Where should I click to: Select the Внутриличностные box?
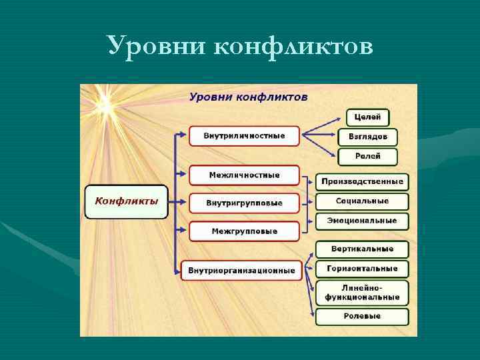244,136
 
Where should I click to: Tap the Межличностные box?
244,175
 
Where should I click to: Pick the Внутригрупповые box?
244,203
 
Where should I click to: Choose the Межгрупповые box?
244,231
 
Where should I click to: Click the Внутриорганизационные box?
241,271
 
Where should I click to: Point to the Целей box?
367,117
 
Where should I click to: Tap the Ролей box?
367,157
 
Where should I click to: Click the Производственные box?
362,181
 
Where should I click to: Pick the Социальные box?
362,201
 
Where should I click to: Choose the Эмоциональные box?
362,221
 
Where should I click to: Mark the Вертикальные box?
362,249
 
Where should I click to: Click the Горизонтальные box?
362,269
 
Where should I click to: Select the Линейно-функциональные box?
362,292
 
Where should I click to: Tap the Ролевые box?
362,316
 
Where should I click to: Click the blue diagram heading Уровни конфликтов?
248,97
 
